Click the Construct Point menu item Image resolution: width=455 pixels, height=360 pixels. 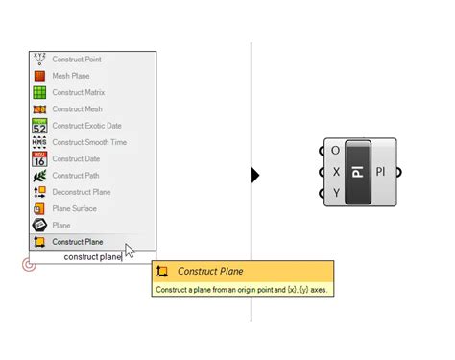pyautogui.click(x=77, y=60)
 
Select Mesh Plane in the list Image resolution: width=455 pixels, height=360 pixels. pyautogui.click(x=73, y=76)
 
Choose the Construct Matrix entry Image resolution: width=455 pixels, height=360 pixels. pyautogui.click(x=78, y=93)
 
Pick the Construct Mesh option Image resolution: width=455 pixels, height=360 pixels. pyautogui.click(x=77, y=109)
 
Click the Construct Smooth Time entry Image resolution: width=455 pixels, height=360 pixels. pyautogui.click(x=88, y=142)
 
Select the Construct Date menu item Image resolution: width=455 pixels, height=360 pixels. pyautogui.click(x=76, y=158)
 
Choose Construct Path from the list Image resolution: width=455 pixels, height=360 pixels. pyautogui.click(x=76, y=176)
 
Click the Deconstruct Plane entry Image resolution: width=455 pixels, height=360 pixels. pyautogui.click(x=81, y=192)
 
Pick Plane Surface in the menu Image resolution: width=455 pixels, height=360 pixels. pyautogui.click(x=74, y=208)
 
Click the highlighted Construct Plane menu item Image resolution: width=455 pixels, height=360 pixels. pyautogui.click(x=77, y=242)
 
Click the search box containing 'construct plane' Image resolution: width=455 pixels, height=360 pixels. pyautogui.click(x=92, y=257)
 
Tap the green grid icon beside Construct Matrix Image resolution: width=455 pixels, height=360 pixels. pyautogui.click(x=39, y=93)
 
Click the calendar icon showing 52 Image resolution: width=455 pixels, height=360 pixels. pyautogui.click(x=39, y=126)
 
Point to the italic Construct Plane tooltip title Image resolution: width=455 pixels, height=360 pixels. pyautogui.click(x=210, y=273)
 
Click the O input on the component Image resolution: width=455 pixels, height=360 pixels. pyautogui.click(x=335, y=151)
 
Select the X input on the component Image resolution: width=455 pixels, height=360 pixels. pyautogui.click(x=335, y=172)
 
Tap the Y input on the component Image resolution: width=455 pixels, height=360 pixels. pyautogui.click(x=335, y=194)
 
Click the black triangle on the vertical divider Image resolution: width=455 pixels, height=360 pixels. pyautogui.click(x=255, y=175)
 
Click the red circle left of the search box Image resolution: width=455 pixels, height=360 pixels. pyautogui.click(x=29, y=264)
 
